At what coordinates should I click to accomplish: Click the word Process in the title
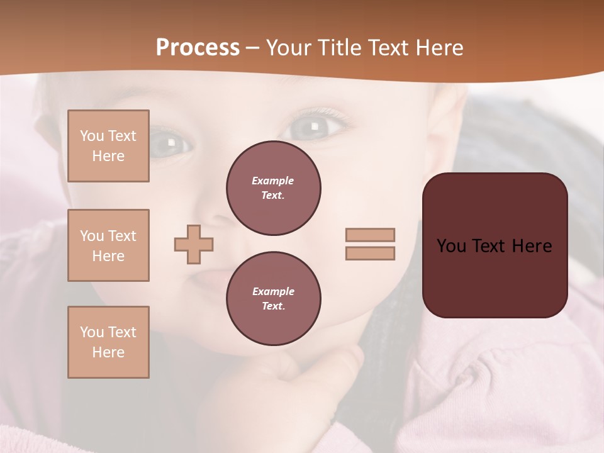tap(198, 48)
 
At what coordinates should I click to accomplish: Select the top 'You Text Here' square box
tap(108, 146)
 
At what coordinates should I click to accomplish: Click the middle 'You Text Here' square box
tap(108, 245)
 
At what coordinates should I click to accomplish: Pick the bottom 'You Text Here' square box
tap(108, 342)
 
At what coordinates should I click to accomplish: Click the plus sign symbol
tap(194, 244)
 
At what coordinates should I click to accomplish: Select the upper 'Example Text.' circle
tap(274, 188)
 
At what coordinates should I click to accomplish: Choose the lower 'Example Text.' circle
tap(274, 299)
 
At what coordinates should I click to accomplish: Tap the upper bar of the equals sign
tap(370, 235)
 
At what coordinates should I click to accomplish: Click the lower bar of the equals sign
tap(370, 253)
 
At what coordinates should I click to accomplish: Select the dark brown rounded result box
tap(495, 245)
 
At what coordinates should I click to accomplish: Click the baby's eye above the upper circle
tap(313, 127)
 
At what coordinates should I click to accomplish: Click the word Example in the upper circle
tap(273, 181)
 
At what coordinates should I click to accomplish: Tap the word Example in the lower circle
tap(273, 291)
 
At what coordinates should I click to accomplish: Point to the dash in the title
tap(252, 48)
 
